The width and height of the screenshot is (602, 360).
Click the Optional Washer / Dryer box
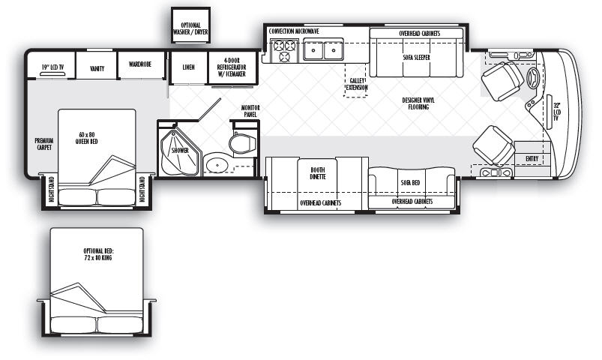[x=190, y=25]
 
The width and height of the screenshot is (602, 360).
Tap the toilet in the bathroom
[x=243, y=143]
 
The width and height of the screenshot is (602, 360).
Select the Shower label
[x=180, y=150]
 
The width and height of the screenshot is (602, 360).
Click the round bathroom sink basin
[x=217, y=165]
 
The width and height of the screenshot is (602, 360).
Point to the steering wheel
[x=533, y=79]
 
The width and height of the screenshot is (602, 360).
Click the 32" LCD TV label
[x=557, y=112]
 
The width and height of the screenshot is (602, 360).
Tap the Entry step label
[x=532, y=158]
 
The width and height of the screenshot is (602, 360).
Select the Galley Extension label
[x=357, y=84]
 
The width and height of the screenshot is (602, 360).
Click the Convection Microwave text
[x=294, y=31]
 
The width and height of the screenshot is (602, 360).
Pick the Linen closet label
[x=188, y=67]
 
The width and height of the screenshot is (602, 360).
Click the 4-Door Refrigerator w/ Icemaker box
[x=232, y=67]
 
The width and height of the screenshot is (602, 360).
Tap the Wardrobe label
[x=140, y=64]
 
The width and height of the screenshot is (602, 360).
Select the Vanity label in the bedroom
[x=97, y=68]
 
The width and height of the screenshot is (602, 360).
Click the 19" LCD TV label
[x=52, y=67]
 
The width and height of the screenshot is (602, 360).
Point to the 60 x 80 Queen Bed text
[x=87, y=138]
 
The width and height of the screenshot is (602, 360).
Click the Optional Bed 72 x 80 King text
[x=99, y=254]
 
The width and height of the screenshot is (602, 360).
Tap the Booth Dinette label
[x=318, y=173]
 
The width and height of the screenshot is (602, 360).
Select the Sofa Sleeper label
[x=417, y=58]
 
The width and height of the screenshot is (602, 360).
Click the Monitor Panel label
[x=250, y=111]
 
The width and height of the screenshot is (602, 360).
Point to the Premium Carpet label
[x=44, y=144]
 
